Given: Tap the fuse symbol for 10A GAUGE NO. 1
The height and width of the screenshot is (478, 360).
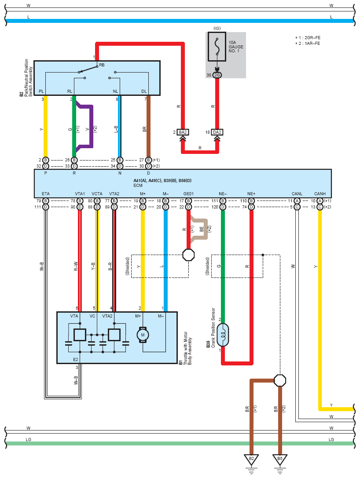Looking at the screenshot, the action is (x=217, y=47).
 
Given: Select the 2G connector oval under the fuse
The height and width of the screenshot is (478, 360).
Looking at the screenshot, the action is (x=217, y=75).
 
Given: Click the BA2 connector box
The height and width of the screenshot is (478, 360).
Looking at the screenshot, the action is (x=183, y=132).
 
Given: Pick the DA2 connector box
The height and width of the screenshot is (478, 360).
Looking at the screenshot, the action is (x=217, y=132).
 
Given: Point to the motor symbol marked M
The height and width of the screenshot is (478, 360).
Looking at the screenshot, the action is (x=143, y=335).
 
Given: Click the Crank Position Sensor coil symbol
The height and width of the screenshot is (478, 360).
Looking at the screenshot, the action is (x=223, y=335).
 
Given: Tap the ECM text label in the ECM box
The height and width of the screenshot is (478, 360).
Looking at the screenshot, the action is (x=138, y=185).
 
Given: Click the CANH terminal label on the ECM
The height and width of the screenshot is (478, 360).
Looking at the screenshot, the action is (x=320, y=194).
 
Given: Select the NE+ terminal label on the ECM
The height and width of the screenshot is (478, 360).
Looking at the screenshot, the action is (x=251, y=194).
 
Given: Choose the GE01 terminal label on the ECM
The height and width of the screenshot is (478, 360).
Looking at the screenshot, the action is (x=188, y=194).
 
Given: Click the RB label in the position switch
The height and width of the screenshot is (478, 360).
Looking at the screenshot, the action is (x=102, y=65).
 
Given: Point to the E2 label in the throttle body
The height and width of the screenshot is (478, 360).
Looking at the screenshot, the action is (x=75, y=359).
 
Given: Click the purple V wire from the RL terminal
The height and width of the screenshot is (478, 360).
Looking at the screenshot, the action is (x=91, y=128).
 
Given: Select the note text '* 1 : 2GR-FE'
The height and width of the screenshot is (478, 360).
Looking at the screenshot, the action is (x=308, y=38).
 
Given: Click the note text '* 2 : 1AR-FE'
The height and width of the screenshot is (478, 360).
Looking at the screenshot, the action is (x=308, y=43).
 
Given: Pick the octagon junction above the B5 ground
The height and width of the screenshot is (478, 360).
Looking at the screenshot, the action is (x=280, y=380).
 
